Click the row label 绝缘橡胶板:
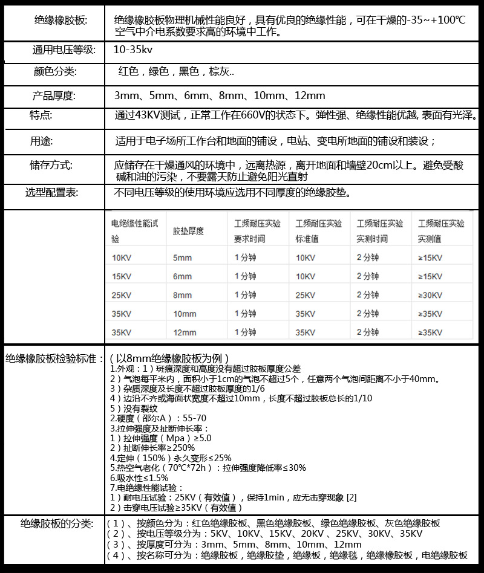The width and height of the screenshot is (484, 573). [60, 21]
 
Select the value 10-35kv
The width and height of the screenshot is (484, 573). [132, 50]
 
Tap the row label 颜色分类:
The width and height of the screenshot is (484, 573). [55, 72]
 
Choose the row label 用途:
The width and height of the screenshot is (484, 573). [42, 141]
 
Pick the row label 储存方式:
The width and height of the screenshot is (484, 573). [51, 164]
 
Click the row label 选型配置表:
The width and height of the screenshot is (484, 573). [52, 193]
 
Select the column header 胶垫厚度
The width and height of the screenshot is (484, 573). [188, 231]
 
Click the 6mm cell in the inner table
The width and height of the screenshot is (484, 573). [182, 276]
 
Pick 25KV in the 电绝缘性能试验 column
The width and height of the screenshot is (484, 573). [122, 295]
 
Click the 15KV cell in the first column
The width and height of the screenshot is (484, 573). [122, 276]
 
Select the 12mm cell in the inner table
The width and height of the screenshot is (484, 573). [185, 332]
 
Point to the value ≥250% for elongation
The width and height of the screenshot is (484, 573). [175, 448]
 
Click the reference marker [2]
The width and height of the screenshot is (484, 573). [351, 497]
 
